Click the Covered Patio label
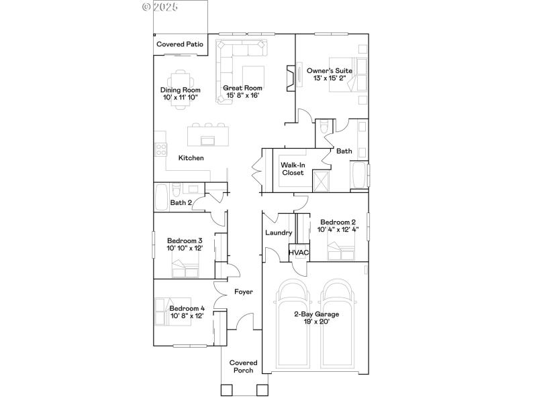[180, 44]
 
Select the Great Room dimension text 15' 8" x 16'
[243, 96]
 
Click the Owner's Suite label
[330, 70]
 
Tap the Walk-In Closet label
[293, 168]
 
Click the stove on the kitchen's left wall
[160, 149]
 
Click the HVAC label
[299, 253]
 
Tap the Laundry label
[279, 233]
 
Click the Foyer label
[243, 292]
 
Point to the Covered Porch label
[243, 366]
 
